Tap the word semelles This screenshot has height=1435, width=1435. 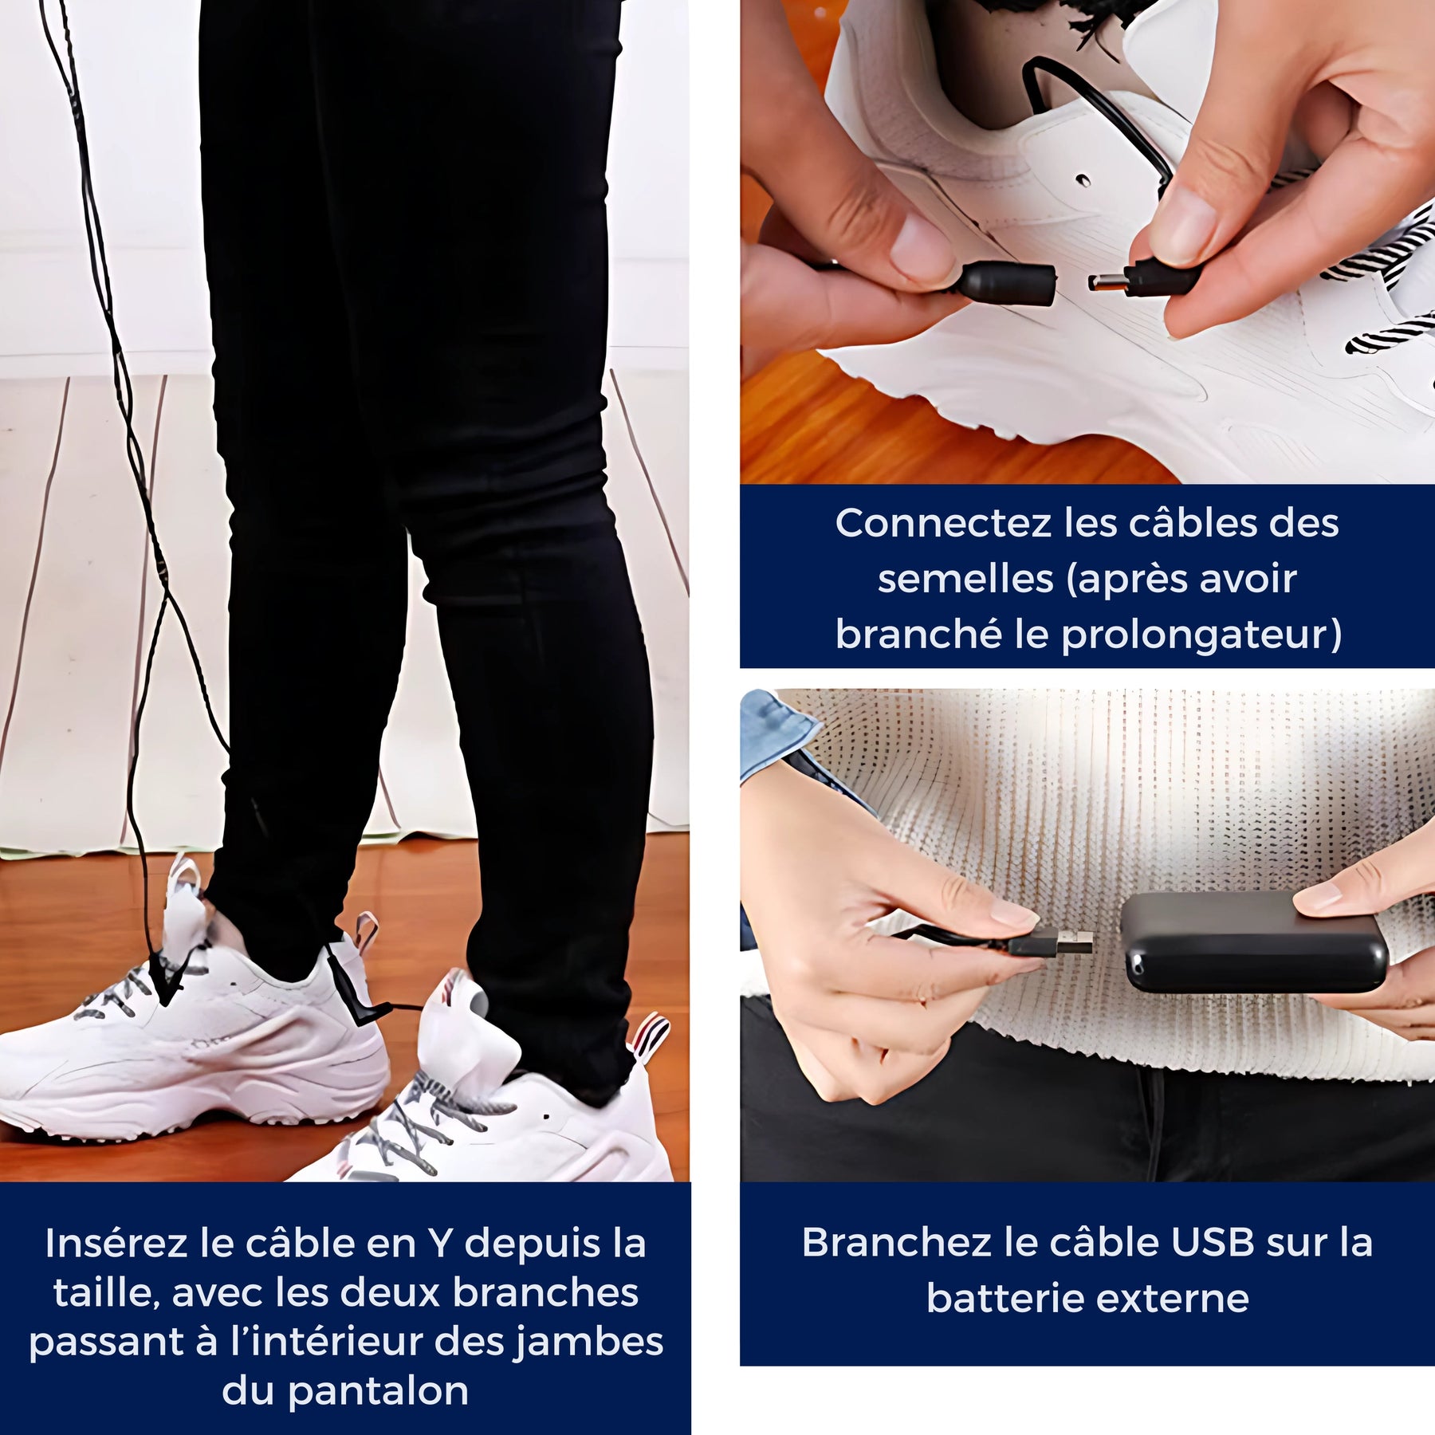pos(965,580)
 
